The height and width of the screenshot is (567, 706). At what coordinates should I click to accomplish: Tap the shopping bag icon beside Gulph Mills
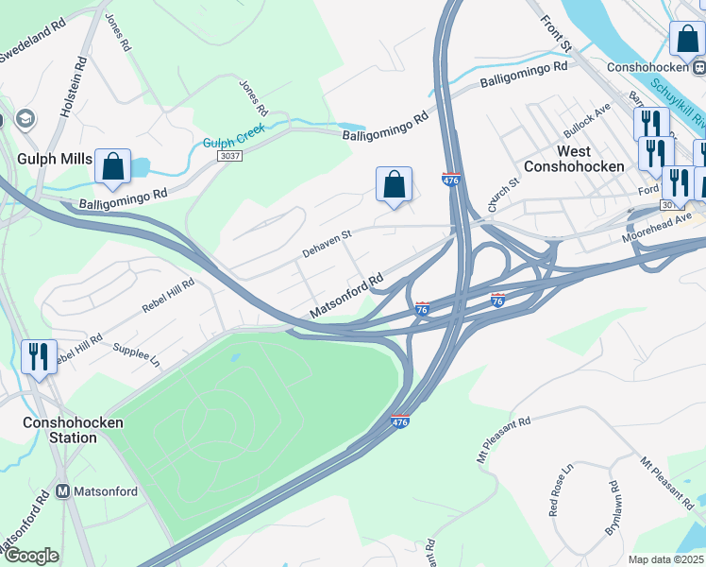[112, 167]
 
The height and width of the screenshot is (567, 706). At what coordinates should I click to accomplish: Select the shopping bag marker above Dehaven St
[394, 184]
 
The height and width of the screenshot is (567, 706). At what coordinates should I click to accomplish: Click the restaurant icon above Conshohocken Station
[39, 357]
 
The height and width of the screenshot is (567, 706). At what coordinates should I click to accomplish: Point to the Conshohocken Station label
[74, 430]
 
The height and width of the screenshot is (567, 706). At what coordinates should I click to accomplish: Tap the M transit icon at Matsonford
[63, 491]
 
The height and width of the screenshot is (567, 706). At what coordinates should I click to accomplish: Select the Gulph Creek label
[234, 136]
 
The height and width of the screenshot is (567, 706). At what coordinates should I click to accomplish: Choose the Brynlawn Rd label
[616, 511]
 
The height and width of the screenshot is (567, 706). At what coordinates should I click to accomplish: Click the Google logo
[31, 556]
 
